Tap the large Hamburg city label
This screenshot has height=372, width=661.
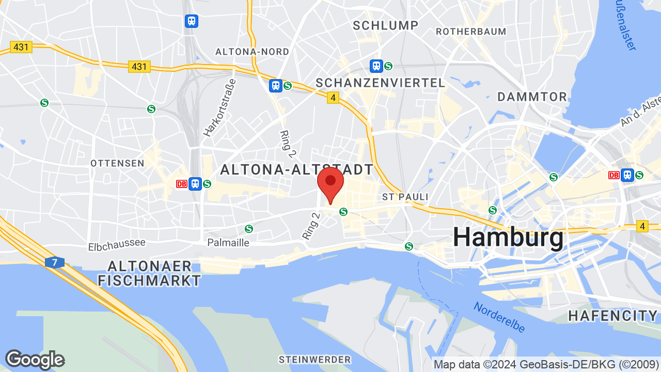click(509, 238)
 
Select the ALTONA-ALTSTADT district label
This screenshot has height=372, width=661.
click(296, 169)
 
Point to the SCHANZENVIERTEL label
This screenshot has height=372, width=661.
click(380, 83)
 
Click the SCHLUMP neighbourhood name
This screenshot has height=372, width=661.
click(385, 25)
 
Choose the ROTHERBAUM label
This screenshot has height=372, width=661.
click(471, 32)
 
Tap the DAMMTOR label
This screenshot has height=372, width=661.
click(532, 97)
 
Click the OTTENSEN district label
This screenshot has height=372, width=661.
click(117, 163)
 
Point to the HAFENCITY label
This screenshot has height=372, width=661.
click(613, 316)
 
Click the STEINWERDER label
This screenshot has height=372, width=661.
click(314, 359)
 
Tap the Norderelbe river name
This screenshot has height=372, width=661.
click(499, 317)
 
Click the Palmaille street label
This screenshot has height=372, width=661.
click(228, 242)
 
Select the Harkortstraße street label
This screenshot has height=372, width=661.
click(219, 107)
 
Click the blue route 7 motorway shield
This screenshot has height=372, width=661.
click(54, 262)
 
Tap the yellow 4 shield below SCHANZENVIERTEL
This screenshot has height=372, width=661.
click(333, 97)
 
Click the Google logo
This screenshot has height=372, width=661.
click(35, 360)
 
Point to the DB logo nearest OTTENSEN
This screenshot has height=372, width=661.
click(181, 184)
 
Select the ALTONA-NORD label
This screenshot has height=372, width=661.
click(252, 52)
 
